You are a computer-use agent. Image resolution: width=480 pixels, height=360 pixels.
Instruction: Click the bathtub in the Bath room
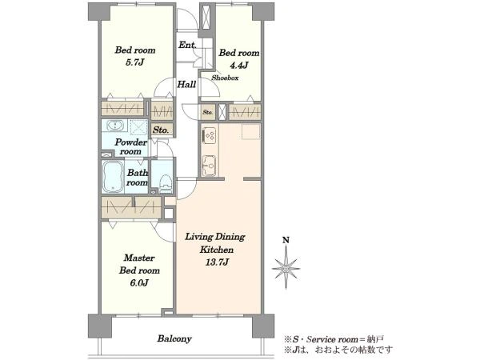[x=113, y=177]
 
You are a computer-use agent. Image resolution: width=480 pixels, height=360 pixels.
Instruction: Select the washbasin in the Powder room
[x=115, y=126]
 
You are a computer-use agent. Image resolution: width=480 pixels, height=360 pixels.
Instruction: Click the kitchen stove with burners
[x=210, y=134]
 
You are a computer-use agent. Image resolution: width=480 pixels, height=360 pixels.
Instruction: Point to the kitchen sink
[x=210, y=166]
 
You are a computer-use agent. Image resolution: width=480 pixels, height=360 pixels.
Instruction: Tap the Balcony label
[x=174, y=338]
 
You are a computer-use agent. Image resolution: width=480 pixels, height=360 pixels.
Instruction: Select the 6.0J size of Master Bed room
[x=139, y=283]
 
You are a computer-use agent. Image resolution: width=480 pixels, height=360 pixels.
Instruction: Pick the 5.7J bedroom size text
[x=135, y=62]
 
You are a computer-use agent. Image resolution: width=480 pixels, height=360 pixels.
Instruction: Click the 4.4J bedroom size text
[x=238, y=66]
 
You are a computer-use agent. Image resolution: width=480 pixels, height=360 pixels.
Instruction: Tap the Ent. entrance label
[x=187, y=45]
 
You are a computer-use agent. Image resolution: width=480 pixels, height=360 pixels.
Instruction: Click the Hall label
[x=186, y=84]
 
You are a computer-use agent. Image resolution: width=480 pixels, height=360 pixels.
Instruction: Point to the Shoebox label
[x=225, y=78]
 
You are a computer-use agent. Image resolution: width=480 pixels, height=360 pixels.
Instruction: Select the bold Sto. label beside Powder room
[x=161, y=130]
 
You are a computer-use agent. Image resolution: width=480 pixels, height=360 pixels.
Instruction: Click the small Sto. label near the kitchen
[x=207, y=112]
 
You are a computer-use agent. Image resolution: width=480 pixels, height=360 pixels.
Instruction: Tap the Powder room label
[x=131, y=146]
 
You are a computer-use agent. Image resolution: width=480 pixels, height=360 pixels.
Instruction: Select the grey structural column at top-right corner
[x=263, y=12]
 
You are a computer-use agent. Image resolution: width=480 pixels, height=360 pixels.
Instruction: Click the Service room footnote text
[x=334, y=339]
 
